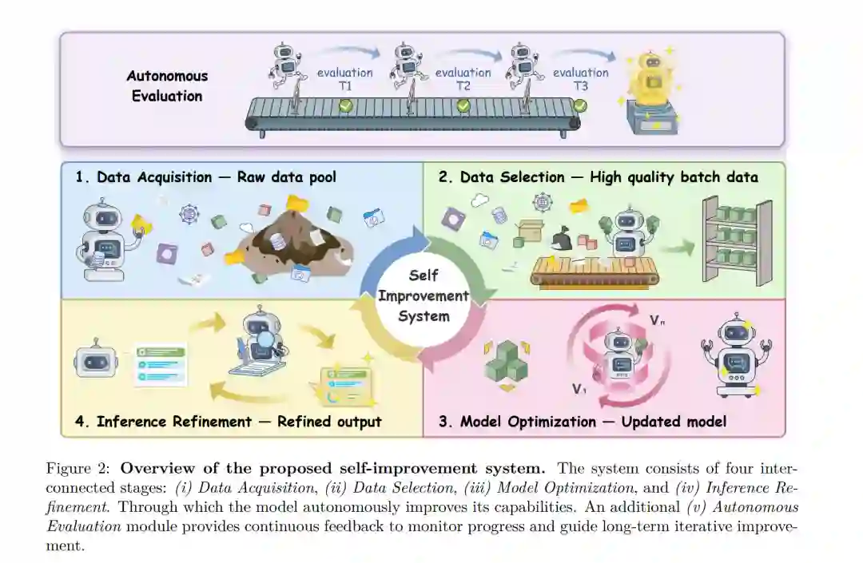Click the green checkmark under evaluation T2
[x=463, y=105]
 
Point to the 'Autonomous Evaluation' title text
[x=167, y=85]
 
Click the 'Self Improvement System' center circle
[x=424, y=295]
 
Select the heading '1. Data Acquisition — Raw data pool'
[x=206, y=177]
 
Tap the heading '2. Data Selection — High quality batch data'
[x=598, y=177]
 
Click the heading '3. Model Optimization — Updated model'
[x=582, y=421]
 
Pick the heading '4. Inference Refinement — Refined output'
[x=228, y=421]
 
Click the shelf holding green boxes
[x=736, y=239]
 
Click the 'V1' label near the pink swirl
[x=581, y=390]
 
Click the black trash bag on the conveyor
[x=564, y=237]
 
